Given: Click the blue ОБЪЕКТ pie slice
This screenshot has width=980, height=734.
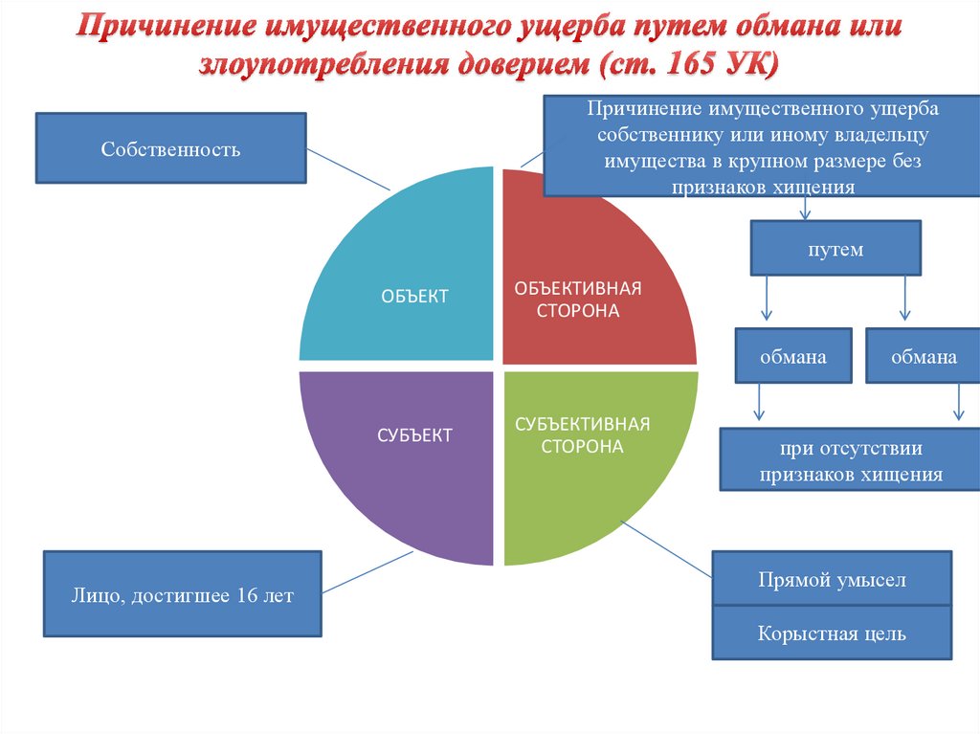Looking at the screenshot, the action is point(402,278).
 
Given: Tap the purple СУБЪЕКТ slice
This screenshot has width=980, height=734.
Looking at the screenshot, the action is point(402,450).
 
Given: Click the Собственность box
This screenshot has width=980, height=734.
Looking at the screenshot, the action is point(170,148).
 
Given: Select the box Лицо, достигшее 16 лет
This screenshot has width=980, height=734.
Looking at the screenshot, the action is point(182,594).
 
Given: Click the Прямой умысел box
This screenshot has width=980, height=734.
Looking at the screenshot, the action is point(831,579).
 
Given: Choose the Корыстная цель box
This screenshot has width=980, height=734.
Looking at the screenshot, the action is point(831,633).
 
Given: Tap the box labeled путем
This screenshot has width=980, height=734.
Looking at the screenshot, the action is point(835,249).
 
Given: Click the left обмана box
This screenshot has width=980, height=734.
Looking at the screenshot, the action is point(793,357).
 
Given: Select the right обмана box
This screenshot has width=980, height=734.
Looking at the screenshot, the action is point(924,357).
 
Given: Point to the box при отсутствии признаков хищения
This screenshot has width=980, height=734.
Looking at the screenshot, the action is point(850,460).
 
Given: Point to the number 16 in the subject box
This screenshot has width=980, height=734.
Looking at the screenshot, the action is point(246,595).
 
